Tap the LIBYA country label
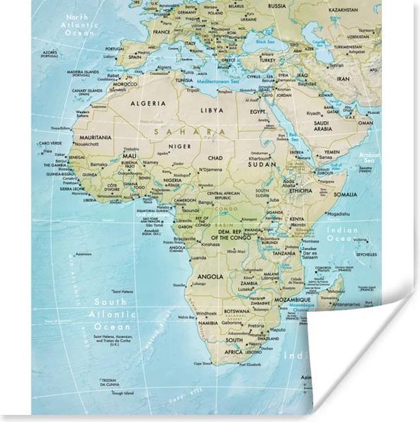[212, 110]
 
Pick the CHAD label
[215, 157]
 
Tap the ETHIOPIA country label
[300, 190]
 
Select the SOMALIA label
[344, 194]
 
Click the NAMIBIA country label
[208, 324]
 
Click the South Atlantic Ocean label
[112, 313]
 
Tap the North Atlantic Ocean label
[78, 25]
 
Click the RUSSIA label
[277, 6]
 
